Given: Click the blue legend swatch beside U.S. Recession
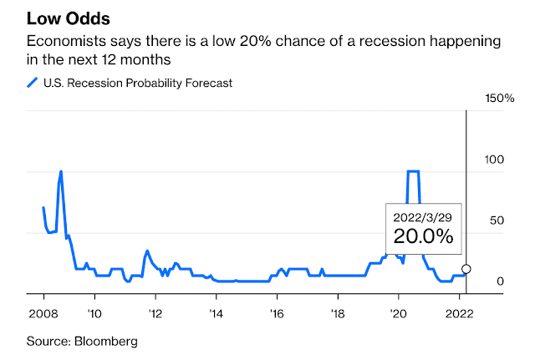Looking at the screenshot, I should pos(33,82).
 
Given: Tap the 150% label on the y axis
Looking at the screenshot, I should pos(500,99).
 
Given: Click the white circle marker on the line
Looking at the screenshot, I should pos(466,269).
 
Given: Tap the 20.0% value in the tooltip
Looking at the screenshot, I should pos(424,236).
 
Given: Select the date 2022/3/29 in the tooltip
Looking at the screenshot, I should pos(424,217).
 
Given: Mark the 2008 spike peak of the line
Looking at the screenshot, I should pos(60,171).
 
